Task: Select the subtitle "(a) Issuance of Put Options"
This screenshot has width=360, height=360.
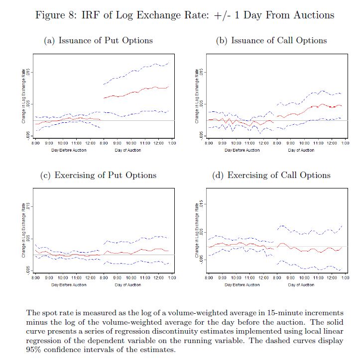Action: [98, 41]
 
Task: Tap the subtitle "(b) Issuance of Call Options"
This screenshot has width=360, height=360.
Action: [271, 41]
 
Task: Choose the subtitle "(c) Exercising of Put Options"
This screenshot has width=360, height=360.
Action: [98, 175]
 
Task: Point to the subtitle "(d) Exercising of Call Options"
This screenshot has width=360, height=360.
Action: [271, 175]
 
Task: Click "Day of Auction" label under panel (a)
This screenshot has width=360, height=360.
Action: [127, 150]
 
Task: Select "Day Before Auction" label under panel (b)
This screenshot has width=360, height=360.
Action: [242, 150]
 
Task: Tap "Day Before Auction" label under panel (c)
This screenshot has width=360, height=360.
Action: [69, 285]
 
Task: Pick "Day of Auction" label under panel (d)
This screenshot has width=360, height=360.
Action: [301, 285]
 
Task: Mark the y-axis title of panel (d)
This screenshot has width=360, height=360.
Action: [197, 232]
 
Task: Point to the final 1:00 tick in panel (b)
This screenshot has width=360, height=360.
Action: [345, 144]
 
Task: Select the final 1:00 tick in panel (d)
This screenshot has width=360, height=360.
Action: [345, 278]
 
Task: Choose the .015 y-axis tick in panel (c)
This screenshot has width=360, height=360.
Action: [29, 206]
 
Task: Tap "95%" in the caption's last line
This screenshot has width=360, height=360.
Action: [34, 350]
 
